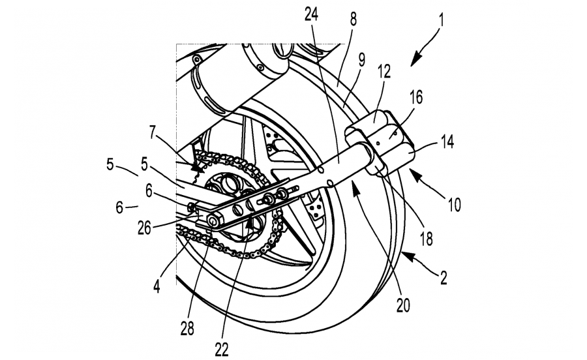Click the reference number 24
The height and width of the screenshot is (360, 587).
[312, 15]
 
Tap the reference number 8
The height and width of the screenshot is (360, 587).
[354, 19]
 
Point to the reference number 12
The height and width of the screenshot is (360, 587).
[384, 72]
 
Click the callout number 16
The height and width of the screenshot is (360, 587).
[415, 97]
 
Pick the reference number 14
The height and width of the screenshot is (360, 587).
[447, 142]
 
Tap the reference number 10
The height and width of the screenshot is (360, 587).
[454, 205]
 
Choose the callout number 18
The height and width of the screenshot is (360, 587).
[427, 239]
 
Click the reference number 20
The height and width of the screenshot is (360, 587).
[403, 306]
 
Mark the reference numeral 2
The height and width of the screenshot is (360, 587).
[444, 278]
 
